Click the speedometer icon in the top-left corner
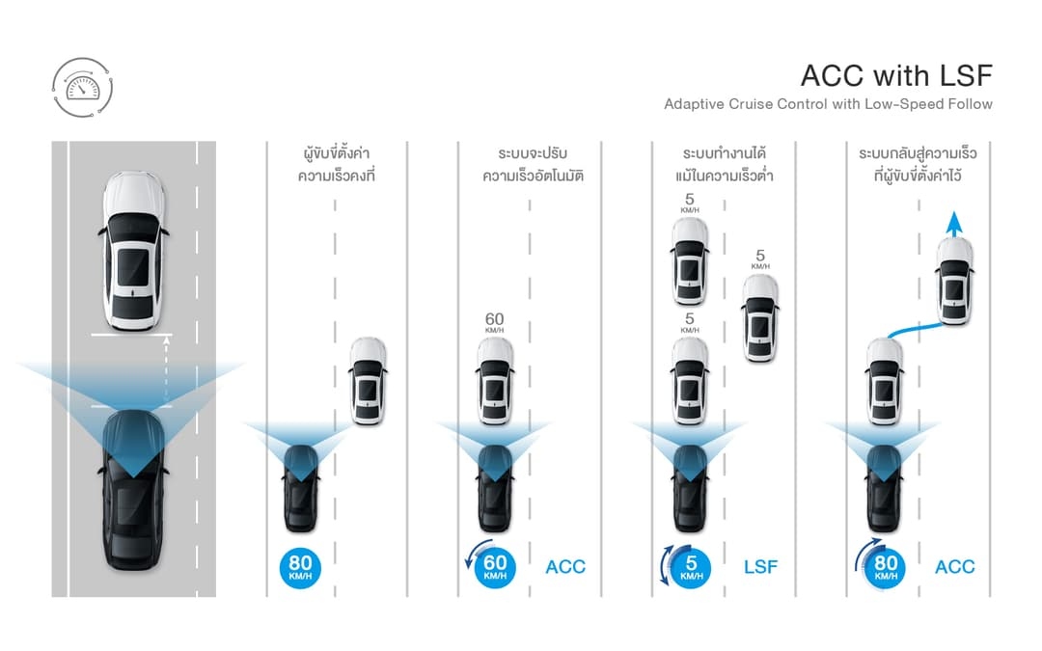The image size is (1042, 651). [x=82, y=87]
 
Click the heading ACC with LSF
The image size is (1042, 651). [x=896, y=75]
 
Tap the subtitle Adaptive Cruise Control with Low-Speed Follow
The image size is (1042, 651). [x=828, y=104]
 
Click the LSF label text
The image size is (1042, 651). [x=759, y=567]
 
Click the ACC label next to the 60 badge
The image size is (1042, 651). [x=564, y=567]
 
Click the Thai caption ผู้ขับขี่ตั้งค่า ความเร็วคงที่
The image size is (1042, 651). [x=335, y=165]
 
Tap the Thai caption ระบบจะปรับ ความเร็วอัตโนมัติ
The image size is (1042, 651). [x=533, y=165]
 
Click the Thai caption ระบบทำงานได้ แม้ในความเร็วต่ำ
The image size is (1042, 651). [x=727, y=165]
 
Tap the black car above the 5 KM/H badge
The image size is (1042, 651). [x=690, y=487]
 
